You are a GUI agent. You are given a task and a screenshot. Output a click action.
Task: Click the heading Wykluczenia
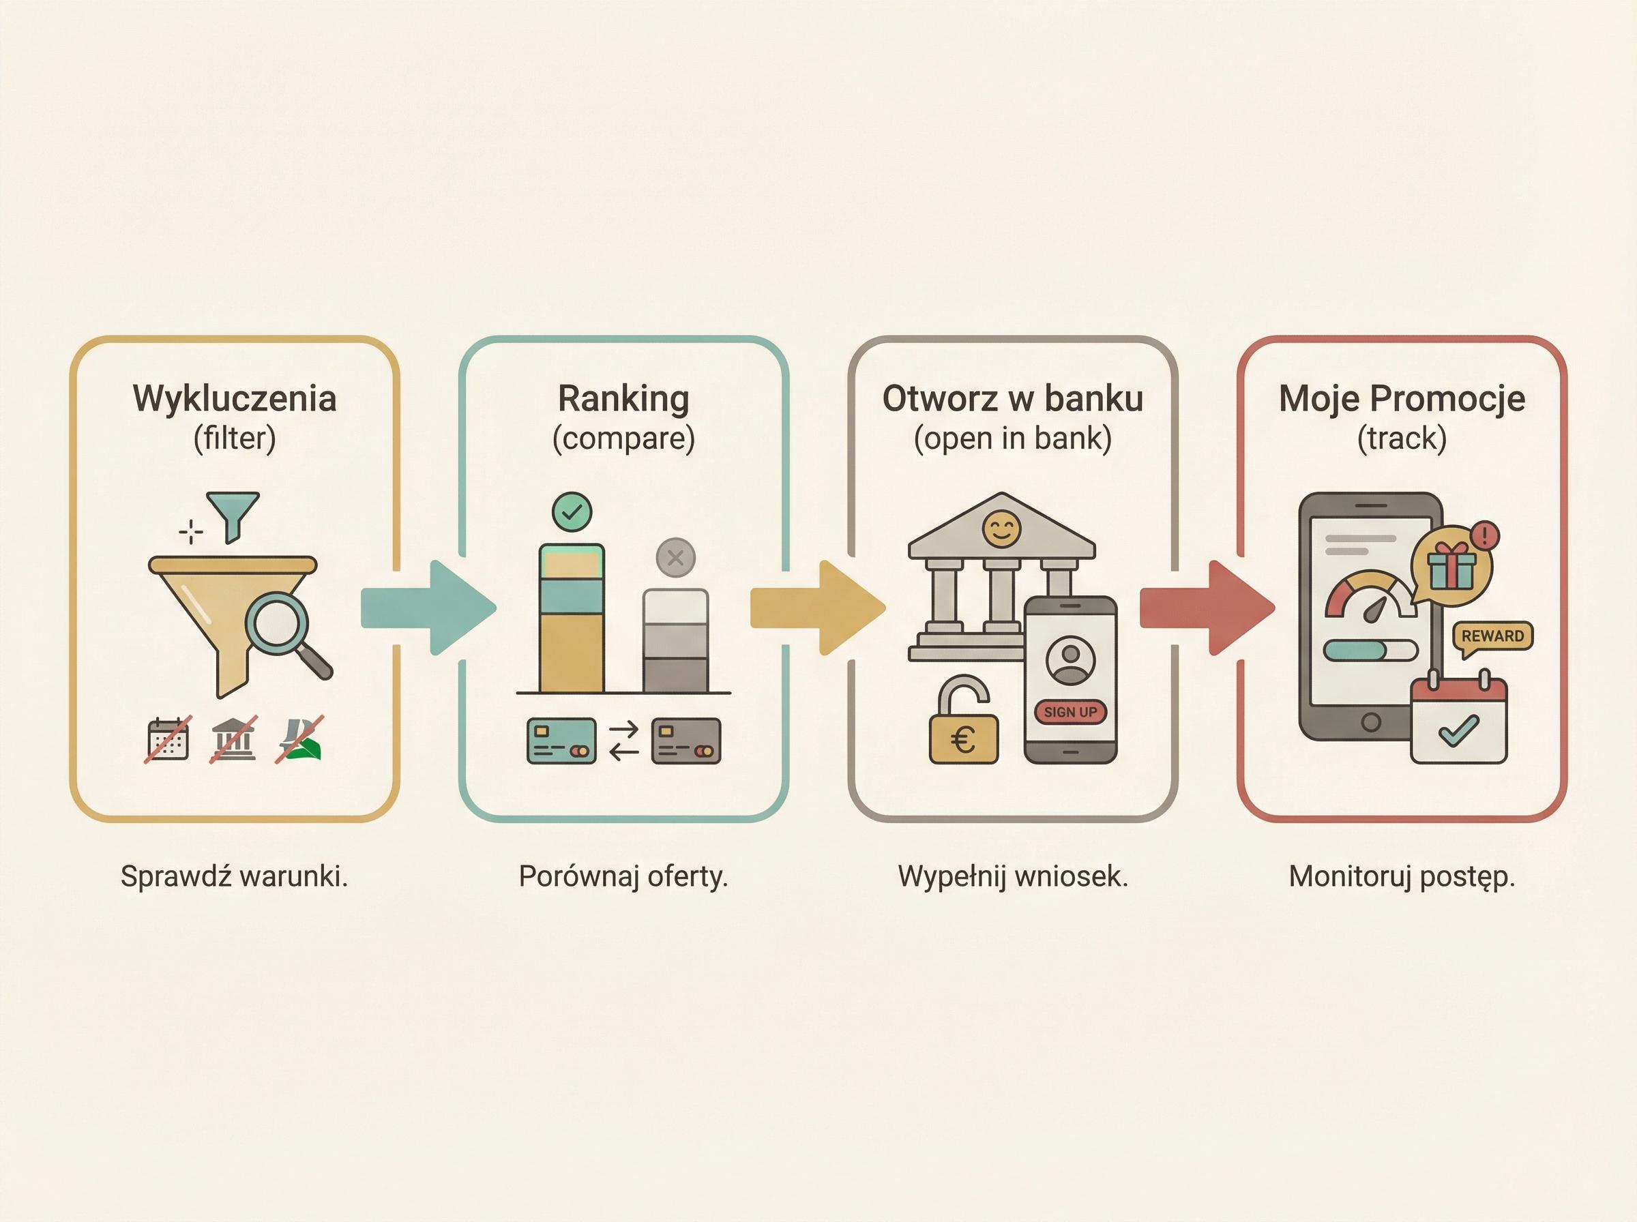(235, 399)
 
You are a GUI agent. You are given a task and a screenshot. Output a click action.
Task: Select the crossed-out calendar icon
(168, 739)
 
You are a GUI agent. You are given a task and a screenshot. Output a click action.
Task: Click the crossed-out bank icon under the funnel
(235, 739)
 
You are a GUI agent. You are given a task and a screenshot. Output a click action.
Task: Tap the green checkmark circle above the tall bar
(572, 512)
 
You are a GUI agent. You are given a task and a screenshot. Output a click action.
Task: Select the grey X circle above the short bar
(675, 558)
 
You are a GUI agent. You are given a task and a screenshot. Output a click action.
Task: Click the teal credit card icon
(561, 741)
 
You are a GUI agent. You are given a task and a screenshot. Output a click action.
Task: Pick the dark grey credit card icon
(685, 741)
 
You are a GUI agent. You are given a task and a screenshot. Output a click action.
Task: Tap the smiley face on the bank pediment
(1001, 528)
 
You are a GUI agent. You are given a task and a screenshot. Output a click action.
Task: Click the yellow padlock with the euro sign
(963, 732)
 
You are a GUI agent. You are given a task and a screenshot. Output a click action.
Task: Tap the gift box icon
(1451, 567)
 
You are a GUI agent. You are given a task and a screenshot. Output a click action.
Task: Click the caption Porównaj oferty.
(623, 876)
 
